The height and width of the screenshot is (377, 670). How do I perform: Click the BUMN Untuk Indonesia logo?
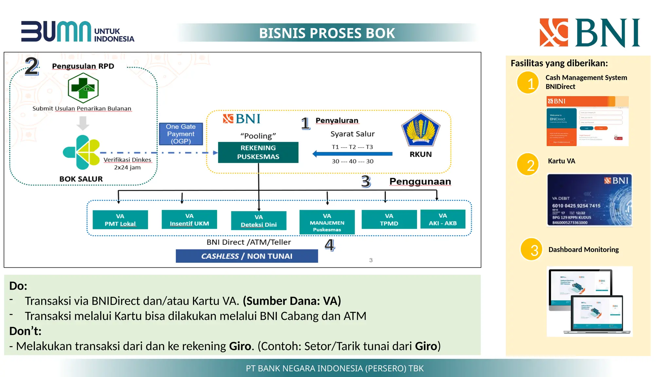[78, 32]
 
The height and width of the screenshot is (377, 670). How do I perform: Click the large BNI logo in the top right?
[590, 33]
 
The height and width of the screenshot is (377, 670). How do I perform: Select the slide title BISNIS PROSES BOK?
[327, 33]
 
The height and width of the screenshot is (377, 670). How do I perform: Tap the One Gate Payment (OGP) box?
[181, 134]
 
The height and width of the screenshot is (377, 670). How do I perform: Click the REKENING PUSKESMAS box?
[258, 152]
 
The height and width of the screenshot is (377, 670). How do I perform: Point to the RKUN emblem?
[420, 130]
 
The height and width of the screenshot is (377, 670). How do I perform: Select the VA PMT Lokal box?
[120, 220]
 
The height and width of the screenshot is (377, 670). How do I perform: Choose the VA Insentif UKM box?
[189, 220]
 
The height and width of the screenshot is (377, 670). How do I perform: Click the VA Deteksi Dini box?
[258, 221]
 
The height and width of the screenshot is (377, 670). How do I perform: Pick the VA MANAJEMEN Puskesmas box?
[327, 223]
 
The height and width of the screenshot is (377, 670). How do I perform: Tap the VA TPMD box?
[389, 220]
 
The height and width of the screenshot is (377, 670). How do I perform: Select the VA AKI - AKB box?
[443, 219]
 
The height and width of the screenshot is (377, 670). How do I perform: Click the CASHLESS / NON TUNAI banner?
[247, 256]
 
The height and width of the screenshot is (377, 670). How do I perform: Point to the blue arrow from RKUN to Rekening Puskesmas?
[352, 154]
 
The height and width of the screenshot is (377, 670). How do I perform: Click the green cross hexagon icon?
[83, 88]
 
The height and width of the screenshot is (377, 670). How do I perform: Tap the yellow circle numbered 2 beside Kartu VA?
[527, 165]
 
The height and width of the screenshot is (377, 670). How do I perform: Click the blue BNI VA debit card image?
[589, 200]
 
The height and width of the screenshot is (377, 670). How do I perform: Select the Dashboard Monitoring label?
[583, 249]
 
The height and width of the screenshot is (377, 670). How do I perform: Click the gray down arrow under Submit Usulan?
[83, 123]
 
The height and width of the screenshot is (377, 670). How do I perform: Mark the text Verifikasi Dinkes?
[127, 160]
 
